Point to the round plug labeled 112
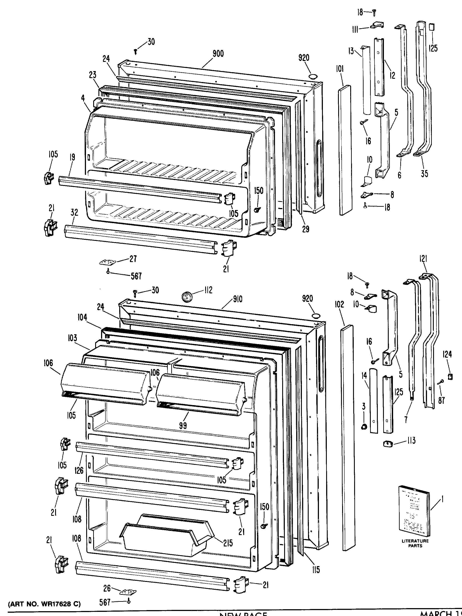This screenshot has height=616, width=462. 185,296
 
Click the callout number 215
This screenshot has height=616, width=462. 228,543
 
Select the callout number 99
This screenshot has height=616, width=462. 183,425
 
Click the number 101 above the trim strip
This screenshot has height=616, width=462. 339,68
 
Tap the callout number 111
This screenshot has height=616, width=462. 355,29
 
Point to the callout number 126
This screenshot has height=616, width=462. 79,470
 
